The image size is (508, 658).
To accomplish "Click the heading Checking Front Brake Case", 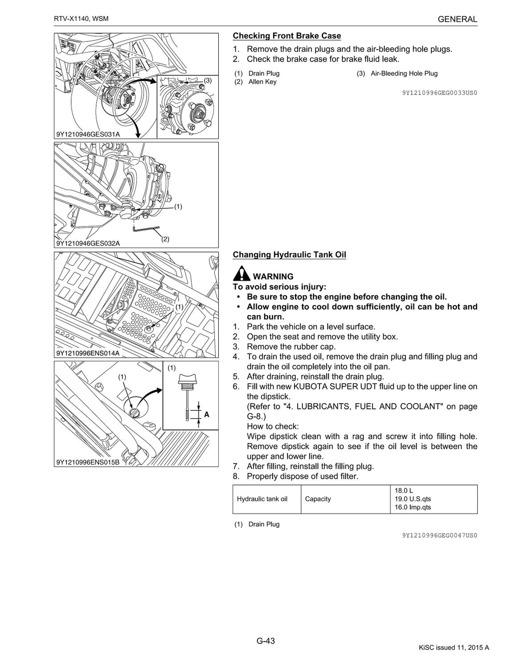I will tap(287, 36).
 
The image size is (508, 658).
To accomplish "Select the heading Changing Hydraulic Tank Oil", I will tap(289, 255).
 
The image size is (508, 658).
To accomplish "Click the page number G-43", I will tap(266, 641).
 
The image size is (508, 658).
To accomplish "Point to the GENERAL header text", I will tap(457, 19).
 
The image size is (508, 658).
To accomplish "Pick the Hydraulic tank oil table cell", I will tap(262, 499).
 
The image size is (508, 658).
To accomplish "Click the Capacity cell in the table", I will tap(318, 499).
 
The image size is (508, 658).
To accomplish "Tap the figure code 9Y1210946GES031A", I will tap(88, 133).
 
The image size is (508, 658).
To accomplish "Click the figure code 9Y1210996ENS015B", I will tap(88, 462).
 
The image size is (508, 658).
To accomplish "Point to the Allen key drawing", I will tap(144, 229).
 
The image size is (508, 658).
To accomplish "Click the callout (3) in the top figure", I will tap(208, 80).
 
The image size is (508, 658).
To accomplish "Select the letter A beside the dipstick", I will tap(206, 414).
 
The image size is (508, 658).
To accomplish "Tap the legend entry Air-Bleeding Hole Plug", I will tap(404, 74).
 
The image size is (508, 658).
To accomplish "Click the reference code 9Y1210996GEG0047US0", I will tap(439, 535).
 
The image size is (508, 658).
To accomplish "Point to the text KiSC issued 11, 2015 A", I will tap(454, 648).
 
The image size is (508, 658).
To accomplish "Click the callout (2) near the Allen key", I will tap(165, 239).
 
